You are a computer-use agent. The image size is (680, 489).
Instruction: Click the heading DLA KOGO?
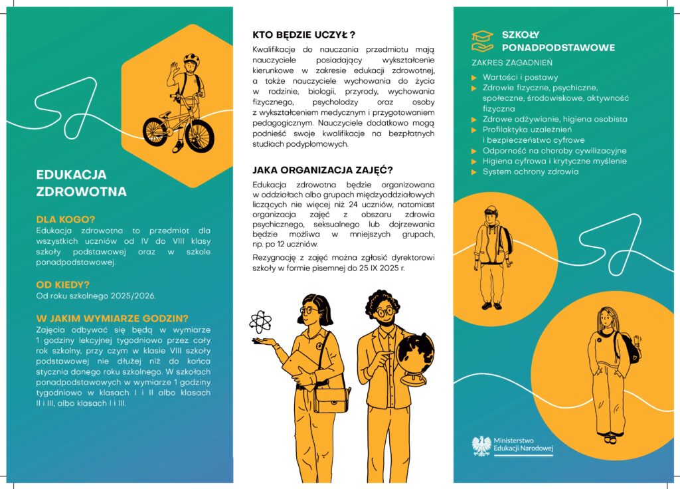coord(65,219)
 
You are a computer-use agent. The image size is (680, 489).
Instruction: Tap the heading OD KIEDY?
coord(62,285)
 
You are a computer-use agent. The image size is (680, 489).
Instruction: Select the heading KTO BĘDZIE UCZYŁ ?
coord(303,35)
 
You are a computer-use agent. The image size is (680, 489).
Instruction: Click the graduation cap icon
coord(482,40)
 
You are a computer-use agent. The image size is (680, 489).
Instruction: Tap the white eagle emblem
coord(481,445)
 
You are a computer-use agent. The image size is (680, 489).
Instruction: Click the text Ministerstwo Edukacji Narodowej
coord(523,445)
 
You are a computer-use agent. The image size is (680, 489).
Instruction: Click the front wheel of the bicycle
coord(200,134)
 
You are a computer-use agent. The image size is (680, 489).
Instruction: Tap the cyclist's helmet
coord(191,58)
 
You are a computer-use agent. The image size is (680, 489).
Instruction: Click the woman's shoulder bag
coord(331,399)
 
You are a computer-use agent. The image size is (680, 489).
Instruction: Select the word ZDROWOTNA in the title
coord(81,193)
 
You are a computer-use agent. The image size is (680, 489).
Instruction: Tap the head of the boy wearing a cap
coord(490,215)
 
